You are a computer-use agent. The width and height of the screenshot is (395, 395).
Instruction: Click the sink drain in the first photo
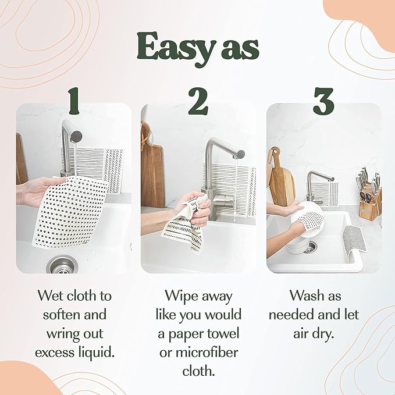coord(61,265)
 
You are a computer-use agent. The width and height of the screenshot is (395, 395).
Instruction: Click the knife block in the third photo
coord(368,201)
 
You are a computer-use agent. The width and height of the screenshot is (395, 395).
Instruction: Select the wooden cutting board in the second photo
coord(152,169)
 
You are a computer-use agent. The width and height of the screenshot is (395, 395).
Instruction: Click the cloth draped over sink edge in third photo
coord(351,241)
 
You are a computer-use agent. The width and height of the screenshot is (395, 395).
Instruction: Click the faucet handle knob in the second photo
coord(240,154)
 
